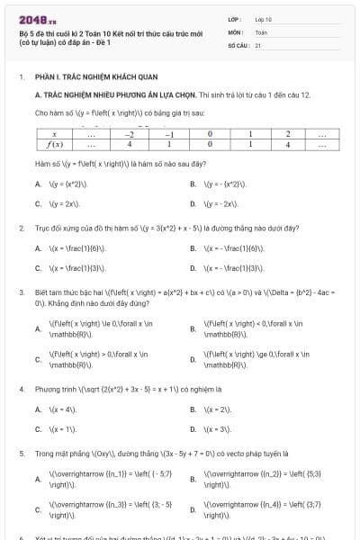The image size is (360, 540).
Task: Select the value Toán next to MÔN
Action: click(261, 31)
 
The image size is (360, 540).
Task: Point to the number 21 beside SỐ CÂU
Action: click(257, 44)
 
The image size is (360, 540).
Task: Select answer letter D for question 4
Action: click(193, 430)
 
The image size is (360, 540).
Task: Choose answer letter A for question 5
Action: click(38, 479)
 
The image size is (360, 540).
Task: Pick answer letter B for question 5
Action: click(193, 479)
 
